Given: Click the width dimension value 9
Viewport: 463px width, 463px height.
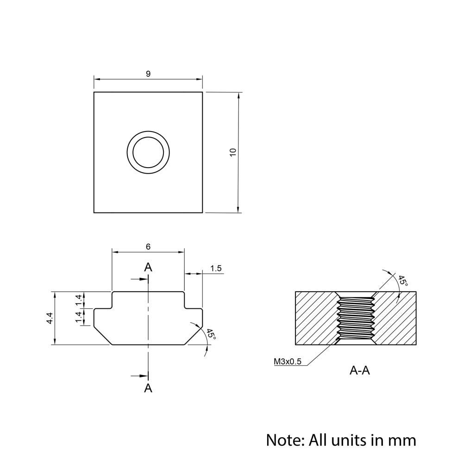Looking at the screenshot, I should (148, 74).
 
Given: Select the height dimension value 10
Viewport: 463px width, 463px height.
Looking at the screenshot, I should (233, 152).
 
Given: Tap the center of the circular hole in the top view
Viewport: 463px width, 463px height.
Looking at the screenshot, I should (148, 152).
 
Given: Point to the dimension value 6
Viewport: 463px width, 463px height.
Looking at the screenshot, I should (148, 247).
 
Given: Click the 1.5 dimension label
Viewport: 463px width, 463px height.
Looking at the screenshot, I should (216, 269).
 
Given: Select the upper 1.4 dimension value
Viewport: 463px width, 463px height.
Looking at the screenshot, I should (79, 300).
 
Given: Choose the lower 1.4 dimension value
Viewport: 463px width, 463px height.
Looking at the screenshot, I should (79, 317).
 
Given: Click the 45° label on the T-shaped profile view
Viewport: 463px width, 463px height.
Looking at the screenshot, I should (211, 335).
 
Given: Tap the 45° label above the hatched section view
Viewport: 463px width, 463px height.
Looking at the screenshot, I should (402, 282).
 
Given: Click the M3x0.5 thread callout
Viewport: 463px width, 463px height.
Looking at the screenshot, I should (287, 362).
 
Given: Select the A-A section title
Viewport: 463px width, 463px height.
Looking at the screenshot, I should (360, 370).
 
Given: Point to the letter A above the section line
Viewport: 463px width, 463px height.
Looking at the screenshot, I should (148, 267).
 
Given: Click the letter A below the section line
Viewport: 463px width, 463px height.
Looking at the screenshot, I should (148, 388).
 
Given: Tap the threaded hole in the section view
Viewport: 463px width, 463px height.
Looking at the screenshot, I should (356, 319).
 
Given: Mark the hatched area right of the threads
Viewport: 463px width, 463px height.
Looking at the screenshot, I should (396, 319).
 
